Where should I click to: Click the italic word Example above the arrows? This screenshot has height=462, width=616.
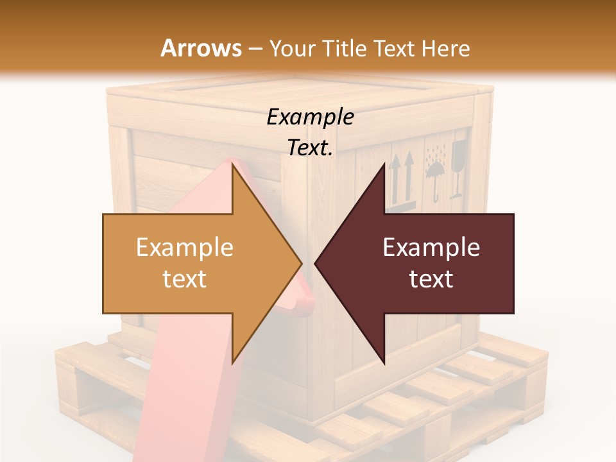tap(310, 117)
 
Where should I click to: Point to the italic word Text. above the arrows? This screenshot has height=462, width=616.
tap(310, 148)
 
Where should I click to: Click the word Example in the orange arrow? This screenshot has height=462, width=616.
tap(184, 247)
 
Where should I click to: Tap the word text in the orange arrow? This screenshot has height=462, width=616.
tap(184, 278)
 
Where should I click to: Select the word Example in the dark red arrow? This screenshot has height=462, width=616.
tap(431, 247)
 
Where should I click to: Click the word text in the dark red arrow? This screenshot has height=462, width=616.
tap(431, 278)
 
